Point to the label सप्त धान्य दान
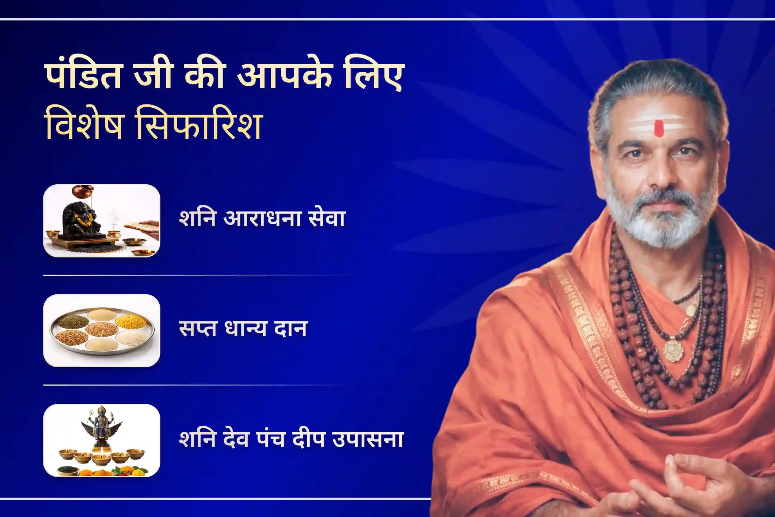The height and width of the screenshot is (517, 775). (243, 329)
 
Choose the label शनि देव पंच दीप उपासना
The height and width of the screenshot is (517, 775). (291, 439)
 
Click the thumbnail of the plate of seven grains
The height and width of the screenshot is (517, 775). (102, 331)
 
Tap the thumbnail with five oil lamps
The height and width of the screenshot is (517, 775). (102, 441)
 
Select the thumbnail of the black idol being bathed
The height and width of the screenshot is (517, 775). (102, 221)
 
